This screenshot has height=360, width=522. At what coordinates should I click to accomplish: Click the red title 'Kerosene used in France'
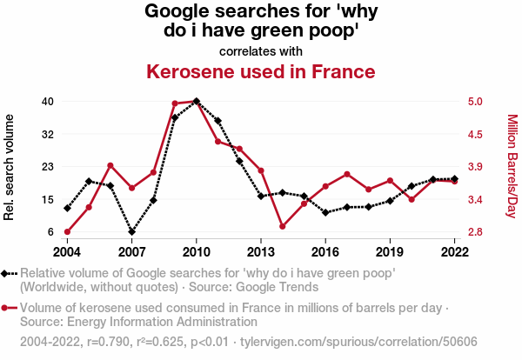pyautogui.click(x=261, y=71)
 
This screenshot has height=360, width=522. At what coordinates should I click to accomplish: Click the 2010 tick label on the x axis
pyautogui.click(x=197, y=251)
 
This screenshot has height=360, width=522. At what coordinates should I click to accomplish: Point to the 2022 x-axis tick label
pyautogui.click(x=455, y=251)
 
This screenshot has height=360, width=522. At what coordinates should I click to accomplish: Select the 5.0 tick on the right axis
pyautogui.click(x=475, y=101)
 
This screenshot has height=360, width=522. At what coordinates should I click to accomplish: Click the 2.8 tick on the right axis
pyautogui.click(x=475, y=232)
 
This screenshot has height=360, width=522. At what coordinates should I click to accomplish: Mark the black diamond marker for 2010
pyautogui.click(x=197, y=101)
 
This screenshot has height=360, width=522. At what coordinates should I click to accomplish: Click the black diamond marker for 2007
pyautogui.click(x=132, y=232)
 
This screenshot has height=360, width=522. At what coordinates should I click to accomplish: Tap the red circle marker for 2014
pyautogui.click(x=283, y=226)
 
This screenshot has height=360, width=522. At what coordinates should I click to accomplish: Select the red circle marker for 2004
pyautogui.click(x=67, y=232)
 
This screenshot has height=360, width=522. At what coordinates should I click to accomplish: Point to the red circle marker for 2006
pyautogui.click(x=110, y=165)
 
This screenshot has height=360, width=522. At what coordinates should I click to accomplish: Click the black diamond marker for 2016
pyautogui.click(x=325, y=212)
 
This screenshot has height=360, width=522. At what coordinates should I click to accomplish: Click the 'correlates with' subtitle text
pyautogui.click(x=261, y=50)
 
